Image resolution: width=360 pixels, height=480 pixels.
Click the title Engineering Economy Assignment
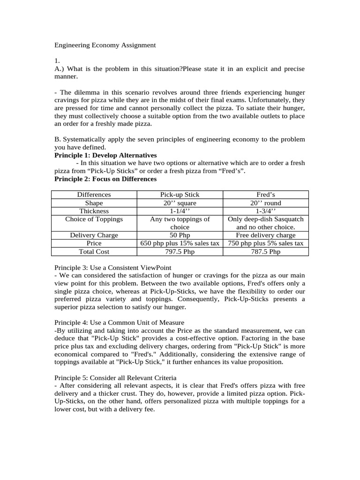105,45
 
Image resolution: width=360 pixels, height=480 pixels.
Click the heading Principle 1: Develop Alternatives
105,155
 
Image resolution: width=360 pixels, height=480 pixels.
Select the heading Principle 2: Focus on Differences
105,179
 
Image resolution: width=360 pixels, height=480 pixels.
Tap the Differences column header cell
94,195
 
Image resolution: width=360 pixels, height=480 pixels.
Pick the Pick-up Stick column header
180,195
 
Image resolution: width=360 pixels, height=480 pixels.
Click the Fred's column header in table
265,195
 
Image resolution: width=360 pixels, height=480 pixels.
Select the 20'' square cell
180,203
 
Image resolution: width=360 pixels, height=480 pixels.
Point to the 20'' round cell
265,203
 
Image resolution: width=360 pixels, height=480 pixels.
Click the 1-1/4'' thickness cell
180,211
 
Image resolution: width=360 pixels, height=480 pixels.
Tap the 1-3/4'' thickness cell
265,211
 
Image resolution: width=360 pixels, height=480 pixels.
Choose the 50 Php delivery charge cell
180,235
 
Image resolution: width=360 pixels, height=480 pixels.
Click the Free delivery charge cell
265,235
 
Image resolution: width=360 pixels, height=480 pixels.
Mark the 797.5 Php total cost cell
180,252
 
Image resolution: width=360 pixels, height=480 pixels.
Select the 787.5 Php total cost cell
265,252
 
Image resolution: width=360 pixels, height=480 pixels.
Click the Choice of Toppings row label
94,219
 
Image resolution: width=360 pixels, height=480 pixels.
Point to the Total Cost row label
94,252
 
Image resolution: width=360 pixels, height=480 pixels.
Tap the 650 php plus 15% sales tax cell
180,243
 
